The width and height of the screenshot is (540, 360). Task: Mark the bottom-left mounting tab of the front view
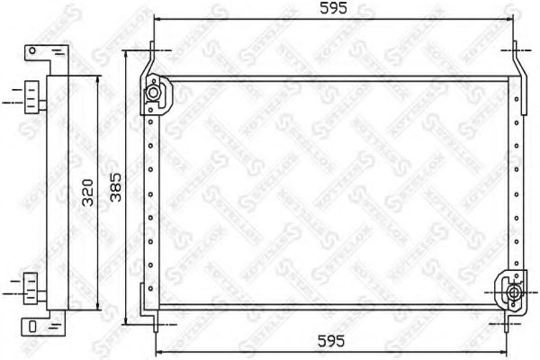(x=154, y=314)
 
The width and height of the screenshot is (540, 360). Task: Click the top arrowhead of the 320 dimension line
(x=94, y=78)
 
